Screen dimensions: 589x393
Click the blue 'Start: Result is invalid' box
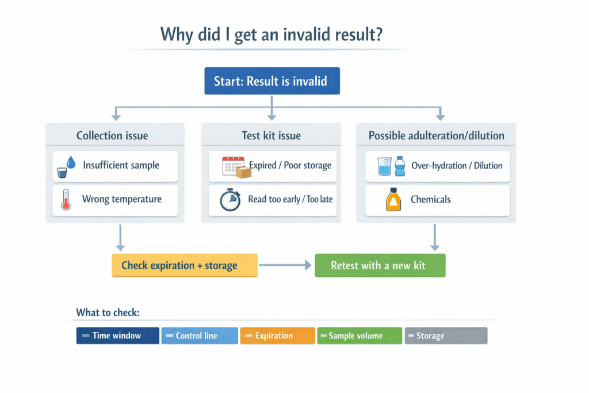click(x=272, y=81)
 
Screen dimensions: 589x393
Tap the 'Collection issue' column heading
click(x=112, y=136)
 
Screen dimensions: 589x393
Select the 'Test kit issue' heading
click(x=271, y=136)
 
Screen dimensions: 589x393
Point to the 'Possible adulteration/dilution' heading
click(x=436, y=136)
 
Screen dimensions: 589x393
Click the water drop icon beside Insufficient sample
click(x=71, y=163)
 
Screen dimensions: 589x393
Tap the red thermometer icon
click(x=66, y=200)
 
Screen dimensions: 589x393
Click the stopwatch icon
click(x=230, y=200)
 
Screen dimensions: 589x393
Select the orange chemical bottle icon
click(x=393, y=200)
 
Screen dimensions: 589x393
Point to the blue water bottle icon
click(x=400, y=166)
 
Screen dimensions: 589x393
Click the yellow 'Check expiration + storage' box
click(x=185, y=265)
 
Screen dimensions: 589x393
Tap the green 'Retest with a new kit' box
click(x=380, y=265)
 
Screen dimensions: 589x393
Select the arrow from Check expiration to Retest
click(x=285, y=265)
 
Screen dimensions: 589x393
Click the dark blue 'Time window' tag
click(x=117, y=335)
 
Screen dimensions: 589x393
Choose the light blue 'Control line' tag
click(x=200, y=335)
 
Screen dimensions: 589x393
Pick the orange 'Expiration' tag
click(x=278, y=335)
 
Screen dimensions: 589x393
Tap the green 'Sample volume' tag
click(x=359, y=335)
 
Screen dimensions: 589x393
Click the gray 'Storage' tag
click(x=446, y=335)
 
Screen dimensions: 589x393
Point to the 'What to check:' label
click(x=108, y=312)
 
